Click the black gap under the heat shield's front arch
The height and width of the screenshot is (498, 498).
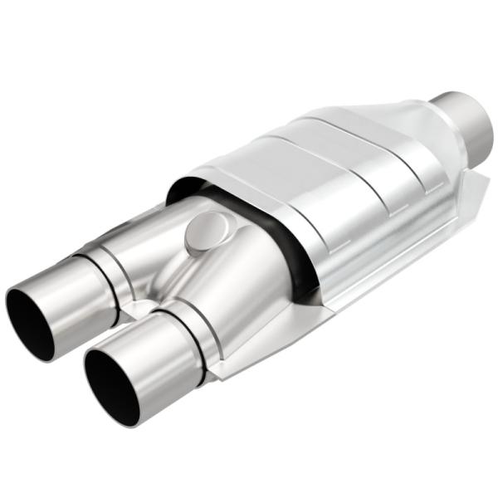274,241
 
